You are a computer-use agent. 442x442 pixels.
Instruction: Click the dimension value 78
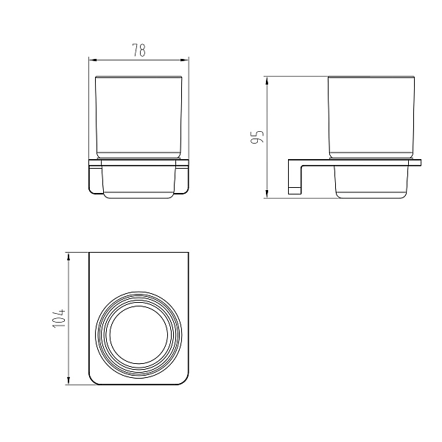pos(138,50)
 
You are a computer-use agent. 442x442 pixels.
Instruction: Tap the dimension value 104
pos(60,319)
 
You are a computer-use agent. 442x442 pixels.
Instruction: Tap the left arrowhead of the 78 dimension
pos(91,59)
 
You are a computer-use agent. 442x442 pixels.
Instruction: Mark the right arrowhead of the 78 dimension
pos(186,59)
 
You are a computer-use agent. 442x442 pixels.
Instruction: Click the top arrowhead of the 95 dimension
pos(267,78)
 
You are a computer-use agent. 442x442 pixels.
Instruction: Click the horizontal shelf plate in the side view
pos(354,161)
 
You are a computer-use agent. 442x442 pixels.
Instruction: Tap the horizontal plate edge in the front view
pos(138,161)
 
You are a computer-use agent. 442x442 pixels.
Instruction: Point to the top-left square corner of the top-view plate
pos(90,254)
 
